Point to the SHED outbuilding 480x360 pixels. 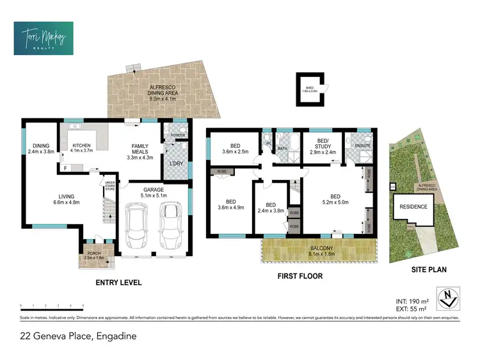[310, 89]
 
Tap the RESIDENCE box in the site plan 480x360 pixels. [413, 207]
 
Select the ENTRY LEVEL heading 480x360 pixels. [118, 282]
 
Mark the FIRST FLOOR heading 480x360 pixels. [300, 277]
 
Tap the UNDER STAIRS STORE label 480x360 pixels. [110, 186]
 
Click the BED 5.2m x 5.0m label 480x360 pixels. [335, 200]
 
